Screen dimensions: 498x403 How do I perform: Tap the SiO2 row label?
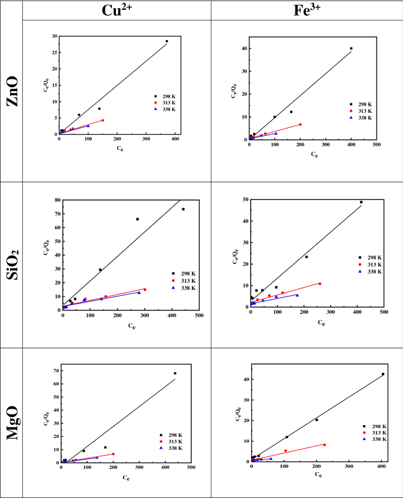tap(12, 265)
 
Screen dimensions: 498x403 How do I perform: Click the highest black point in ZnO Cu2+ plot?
tap(166, 41)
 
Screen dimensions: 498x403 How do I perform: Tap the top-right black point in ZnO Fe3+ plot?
tap(351, 49)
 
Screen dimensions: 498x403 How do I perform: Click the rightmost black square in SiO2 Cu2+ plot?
tap(183, 209)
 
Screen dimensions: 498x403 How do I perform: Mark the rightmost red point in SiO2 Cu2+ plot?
tap(145, 289)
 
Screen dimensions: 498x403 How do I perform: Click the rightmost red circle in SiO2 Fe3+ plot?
tap(320, 284)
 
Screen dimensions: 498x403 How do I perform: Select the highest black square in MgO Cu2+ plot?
tap(175, 373)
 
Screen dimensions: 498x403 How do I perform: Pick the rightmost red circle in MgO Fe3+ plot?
tap(324, 444)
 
